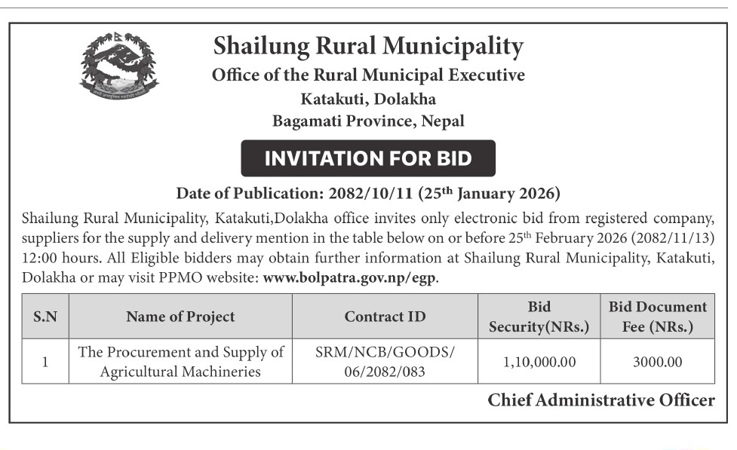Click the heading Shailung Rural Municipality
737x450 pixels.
pos(368,47)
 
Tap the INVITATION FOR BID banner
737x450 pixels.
pos(368,158)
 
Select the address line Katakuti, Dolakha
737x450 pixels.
pos(368,98)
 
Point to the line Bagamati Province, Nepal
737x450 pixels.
pos(368,121)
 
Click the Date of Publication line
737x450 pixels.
pos(368,194)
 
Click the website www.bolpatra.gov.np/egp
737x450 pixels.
pos(350,277)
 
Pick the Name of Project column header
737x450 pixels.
pos(180,317)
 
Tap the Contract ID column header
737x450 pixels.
pos(385,317)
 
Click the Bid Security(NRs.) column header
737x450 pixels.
pos(539,317)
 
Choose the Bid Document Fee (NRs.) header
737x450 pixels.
pos(658,317)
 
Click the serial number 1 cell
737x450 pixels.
pos(45,362)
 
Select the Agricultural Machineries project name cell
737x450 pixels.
pos(180,362)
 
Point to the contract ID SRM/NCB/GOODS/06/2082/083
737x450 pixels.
pos(385,362)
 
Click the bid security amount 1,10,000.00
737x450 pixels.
pos(539,363)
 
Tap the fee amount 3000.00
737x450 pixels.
pos(658,363)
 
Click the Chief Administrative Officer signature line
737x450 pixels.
pos(600,400)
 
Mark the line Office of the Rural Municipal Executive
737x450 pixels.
pos(368,75)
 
